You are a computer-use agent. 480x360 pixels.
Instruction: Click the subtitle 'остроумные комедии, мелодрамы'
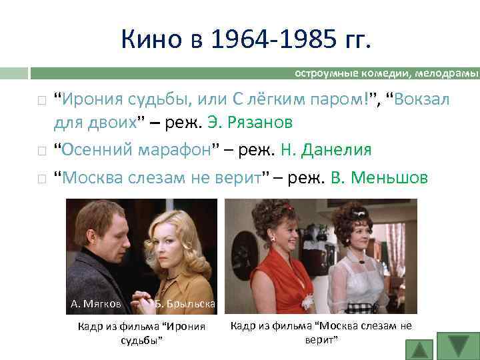pos(387,73)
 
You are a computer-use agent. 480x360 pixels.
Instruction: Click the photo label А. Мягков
pos(96,304)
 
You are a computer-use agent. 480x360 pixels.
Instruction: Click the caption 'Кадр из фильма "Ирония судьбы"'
pos(141,333)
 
